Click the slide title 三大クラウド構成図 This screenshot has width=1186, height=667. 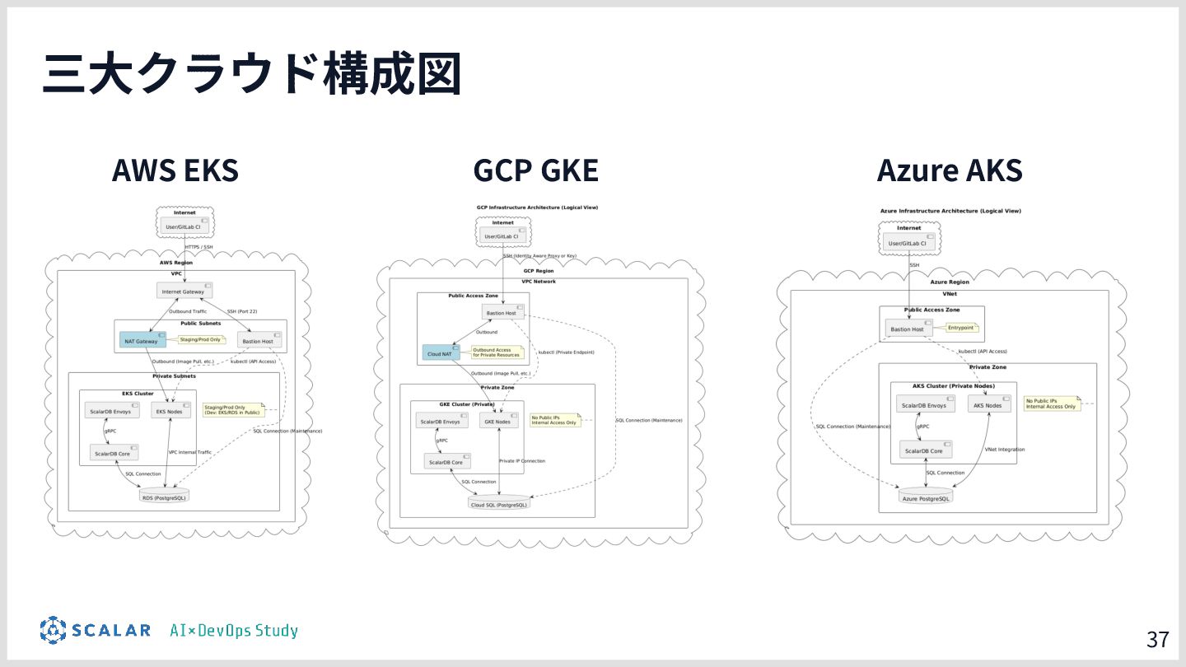click(251, 75)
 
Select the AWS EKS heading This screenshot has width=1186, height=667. click(175, 170)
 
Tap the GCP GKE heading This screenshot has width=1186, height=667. click(535, 170)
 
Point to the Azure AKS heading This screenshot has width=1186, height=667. click(949, 170)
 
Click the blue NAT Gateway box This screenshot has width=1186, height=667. click(142, 341)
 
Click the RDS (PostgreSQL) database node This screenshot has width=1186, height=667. click(165, 497)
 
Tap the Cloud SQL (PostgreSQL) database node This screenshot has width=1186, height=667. click(499, 504)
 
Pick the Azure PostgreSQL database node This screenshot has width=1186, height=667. click(926, 498)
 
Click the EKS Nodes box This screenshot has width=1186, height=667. click(170, 411)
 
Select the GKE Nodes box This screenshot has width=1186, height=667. click(498, 422)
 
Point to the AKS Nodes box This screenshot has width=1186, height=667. click(988, 405)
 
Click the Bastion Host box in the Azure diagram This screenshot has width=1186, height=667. click(908, 329)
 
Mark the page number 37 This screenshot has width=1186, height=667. click(1157, 639)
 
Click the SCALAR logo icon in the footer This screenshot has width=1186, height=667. click(53, 630)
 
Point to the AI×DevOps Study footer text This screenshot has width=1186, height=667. click(234, 631)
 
